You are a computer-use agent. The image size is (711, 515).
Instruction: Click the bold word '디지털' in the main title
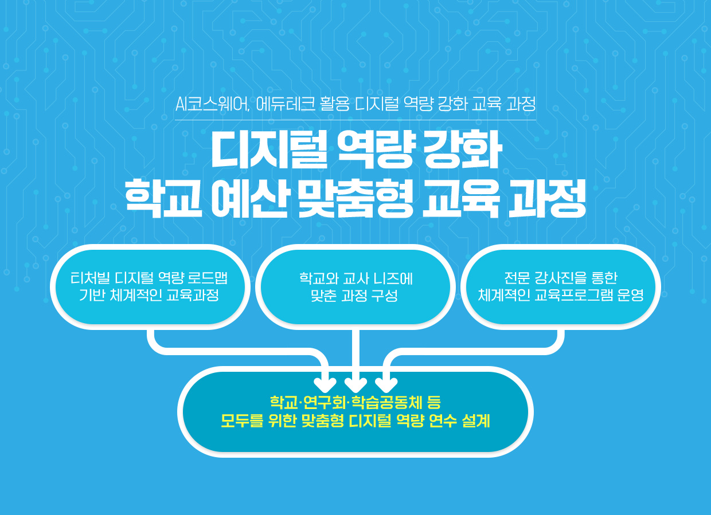[269, 150]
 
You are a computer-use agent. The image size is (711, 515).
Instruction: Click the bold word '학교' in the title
[163, 199]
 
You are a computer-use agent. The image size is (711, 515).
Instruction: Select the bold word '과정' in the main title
[547, 199]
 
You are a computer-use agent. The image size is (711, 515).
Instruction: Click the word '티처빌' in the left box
[90, 278]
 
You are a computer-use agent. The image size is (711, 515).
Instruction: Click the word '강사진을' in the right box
[561, 278]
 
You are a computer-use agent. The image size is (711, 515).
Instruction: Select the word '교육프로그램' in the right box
[574, 295]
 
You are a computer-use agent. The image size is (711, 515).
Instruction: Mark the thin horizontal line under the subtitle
[355, 120]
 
